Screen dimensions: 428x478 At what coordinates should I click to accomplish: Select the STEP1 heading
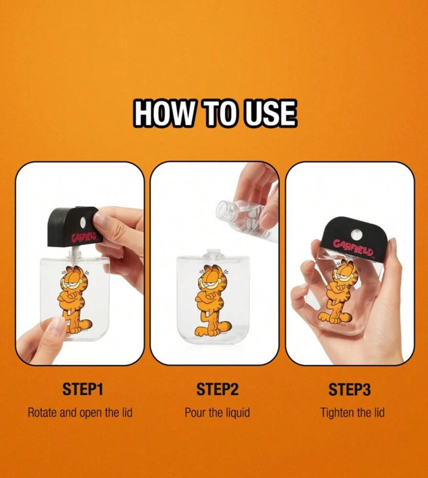[83, 389]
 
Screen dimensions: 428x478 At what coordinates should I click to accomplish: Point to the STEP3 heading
[350, 389]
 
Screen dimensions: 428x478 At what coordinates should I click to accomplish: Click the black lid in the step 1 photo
[73, 226]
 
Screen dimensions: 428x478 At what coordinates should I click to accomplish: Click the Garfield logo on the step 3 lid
[353, 248]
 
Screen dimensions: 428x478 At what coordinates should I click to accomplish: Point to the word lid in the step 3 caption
[379, 413]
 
